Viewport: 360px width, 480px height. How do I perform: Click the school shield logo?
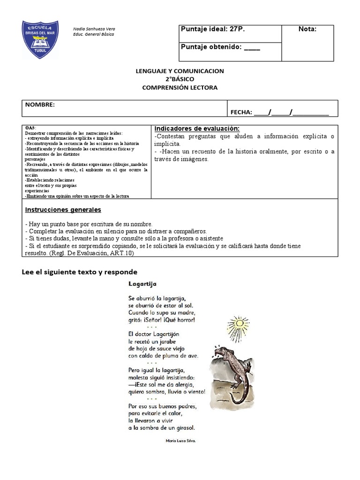pyautogui.click(x=40, y=39)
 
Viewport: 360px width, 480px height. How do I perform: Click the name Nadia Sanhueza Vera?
pyautogui.click(x=94, y=29)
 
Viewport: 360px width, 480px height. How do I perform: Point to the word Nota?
pyautogui.click(x=307, y=29)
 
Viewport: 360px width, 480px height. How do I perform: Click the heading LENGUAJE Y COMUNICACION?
pyautogui.click(x=180, y=71)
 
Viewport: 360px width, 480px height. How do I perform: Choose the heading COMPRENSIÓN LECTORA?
pyautogui.click(x=180, y=88)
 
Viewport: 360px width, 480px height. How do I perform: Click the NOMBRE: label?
pyautogui.click(x=40, y=105)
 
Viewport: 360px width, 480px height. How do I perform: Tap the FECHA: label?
pyautogui.click(x=241, y=112)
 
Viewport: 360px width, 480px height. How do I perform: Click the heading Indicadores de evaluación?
pyautogui.click(x=197, y=128)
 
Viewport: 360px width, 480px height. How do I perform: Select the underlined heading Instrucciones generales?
pyautogui.click(x=63, y=210)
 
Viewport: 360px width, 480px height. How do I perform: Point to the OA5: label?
pyautogui.click(x=30, y=127)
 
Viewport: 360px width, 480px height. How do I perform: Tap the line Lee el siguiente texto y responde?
pyautogui.click(x=80, y=272)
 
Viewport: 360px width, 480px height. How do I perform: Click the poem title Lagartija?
pyautogui.click(x=142, y=284)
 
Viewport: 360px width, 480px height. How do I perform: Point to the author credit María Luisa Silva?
pyautogui.click(x=180, y=441)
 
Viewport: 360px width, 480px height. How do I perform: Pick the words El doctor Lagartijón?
pyautogui.click(x=154, y=334)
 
